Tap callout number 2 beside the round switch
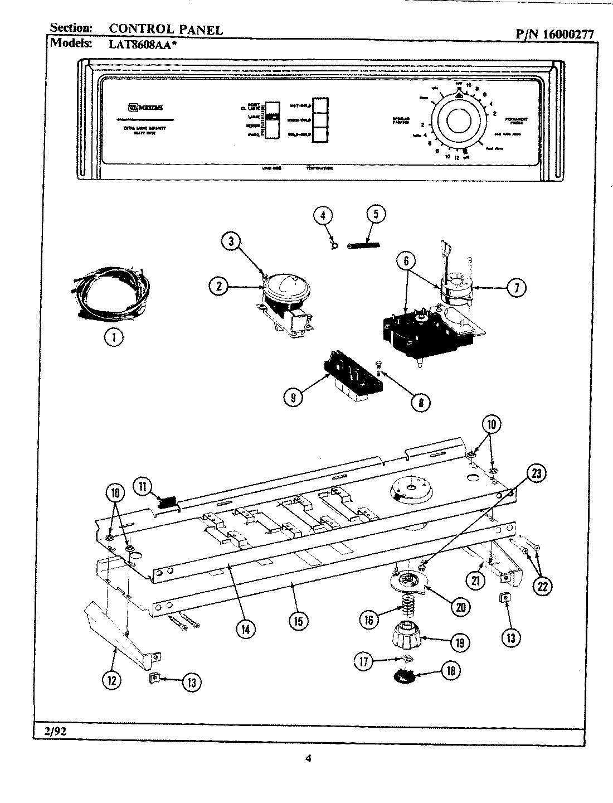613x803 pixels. [x=219, y=287]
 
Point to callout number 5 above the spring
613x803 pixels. [x=376, y=215]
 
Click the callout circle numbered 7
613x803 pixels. [x=517, y=288]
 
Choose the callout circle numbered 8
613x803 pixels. [x=421, y=401]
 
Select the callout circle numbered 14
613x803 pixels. [x=245, y=628]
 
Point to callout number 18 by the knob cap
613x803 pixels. [x=450, y=671]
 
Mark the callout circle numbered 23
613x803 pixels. [x=536, y=475]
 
